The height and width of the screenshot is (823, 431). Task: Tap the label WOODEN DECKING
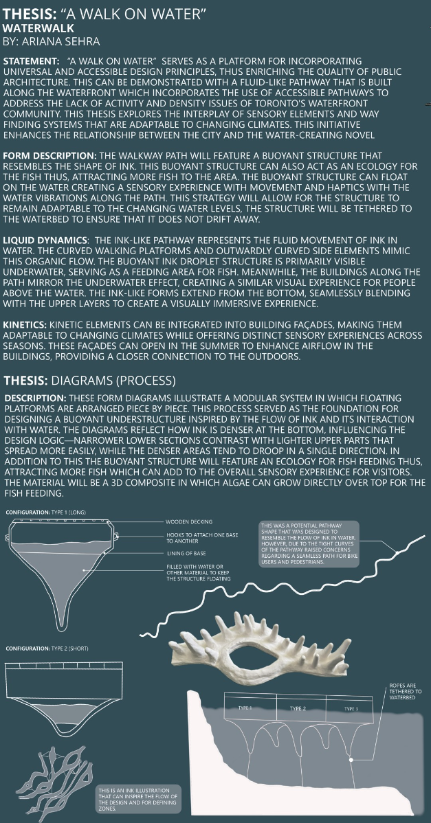[x=189, y=522]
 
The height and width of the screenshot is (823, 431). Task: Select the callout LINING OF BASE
[x=185, y=553]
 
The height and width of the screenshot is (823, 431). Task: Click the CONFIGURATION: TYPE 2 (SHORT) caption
[x=47, y=649]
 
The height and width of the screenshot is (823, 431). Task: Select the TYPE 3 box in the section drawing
[x=351, y=708]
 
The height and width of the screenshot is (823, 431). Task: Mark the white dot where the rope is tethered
[x=351, y=760]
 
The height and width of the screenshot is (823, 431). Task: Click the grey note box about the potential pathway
[x=310, y=544]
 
